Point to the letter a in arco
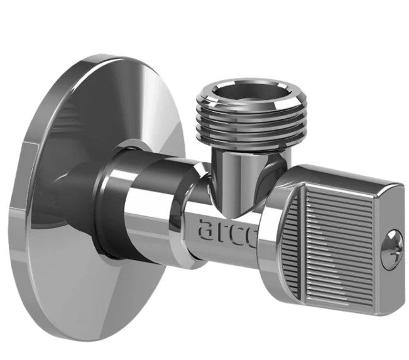[x=206, y=229]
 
